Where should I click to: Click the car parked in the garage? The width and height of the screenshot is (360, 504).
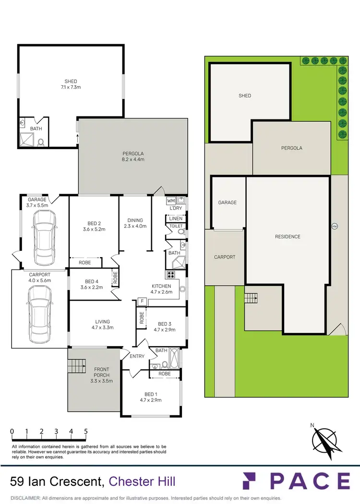(x=43, y=235)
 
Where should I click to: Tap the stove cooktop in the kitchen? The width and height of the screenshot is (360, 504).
(x=171, y=275)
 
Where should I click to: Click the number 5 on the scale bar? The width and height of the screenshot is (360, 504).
(x=86, y=431)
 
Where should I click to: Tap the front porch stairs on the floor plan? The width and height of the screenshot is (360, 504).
(x=76, y=367)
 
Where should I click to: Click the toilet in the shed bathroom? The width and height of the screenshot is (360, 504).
(x=41, y=142)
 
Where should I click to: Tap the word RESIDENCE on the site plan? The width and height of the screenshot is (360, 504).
(x=288, y=236)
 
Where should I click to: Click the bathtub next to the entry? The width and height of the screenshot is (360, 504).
(x=173, y=358)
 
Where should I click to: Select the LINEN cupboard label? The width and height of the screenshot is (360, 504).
(x=176, y=219)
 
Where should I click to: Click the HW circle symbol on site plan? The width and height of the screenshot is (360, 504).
(x=334, y=226)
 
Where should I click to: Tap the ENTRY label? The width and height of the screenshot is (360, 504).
(x=137, y=356)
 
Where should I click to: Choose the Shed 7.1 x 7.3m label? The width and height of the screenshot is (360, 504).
(x=71, y=84)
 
